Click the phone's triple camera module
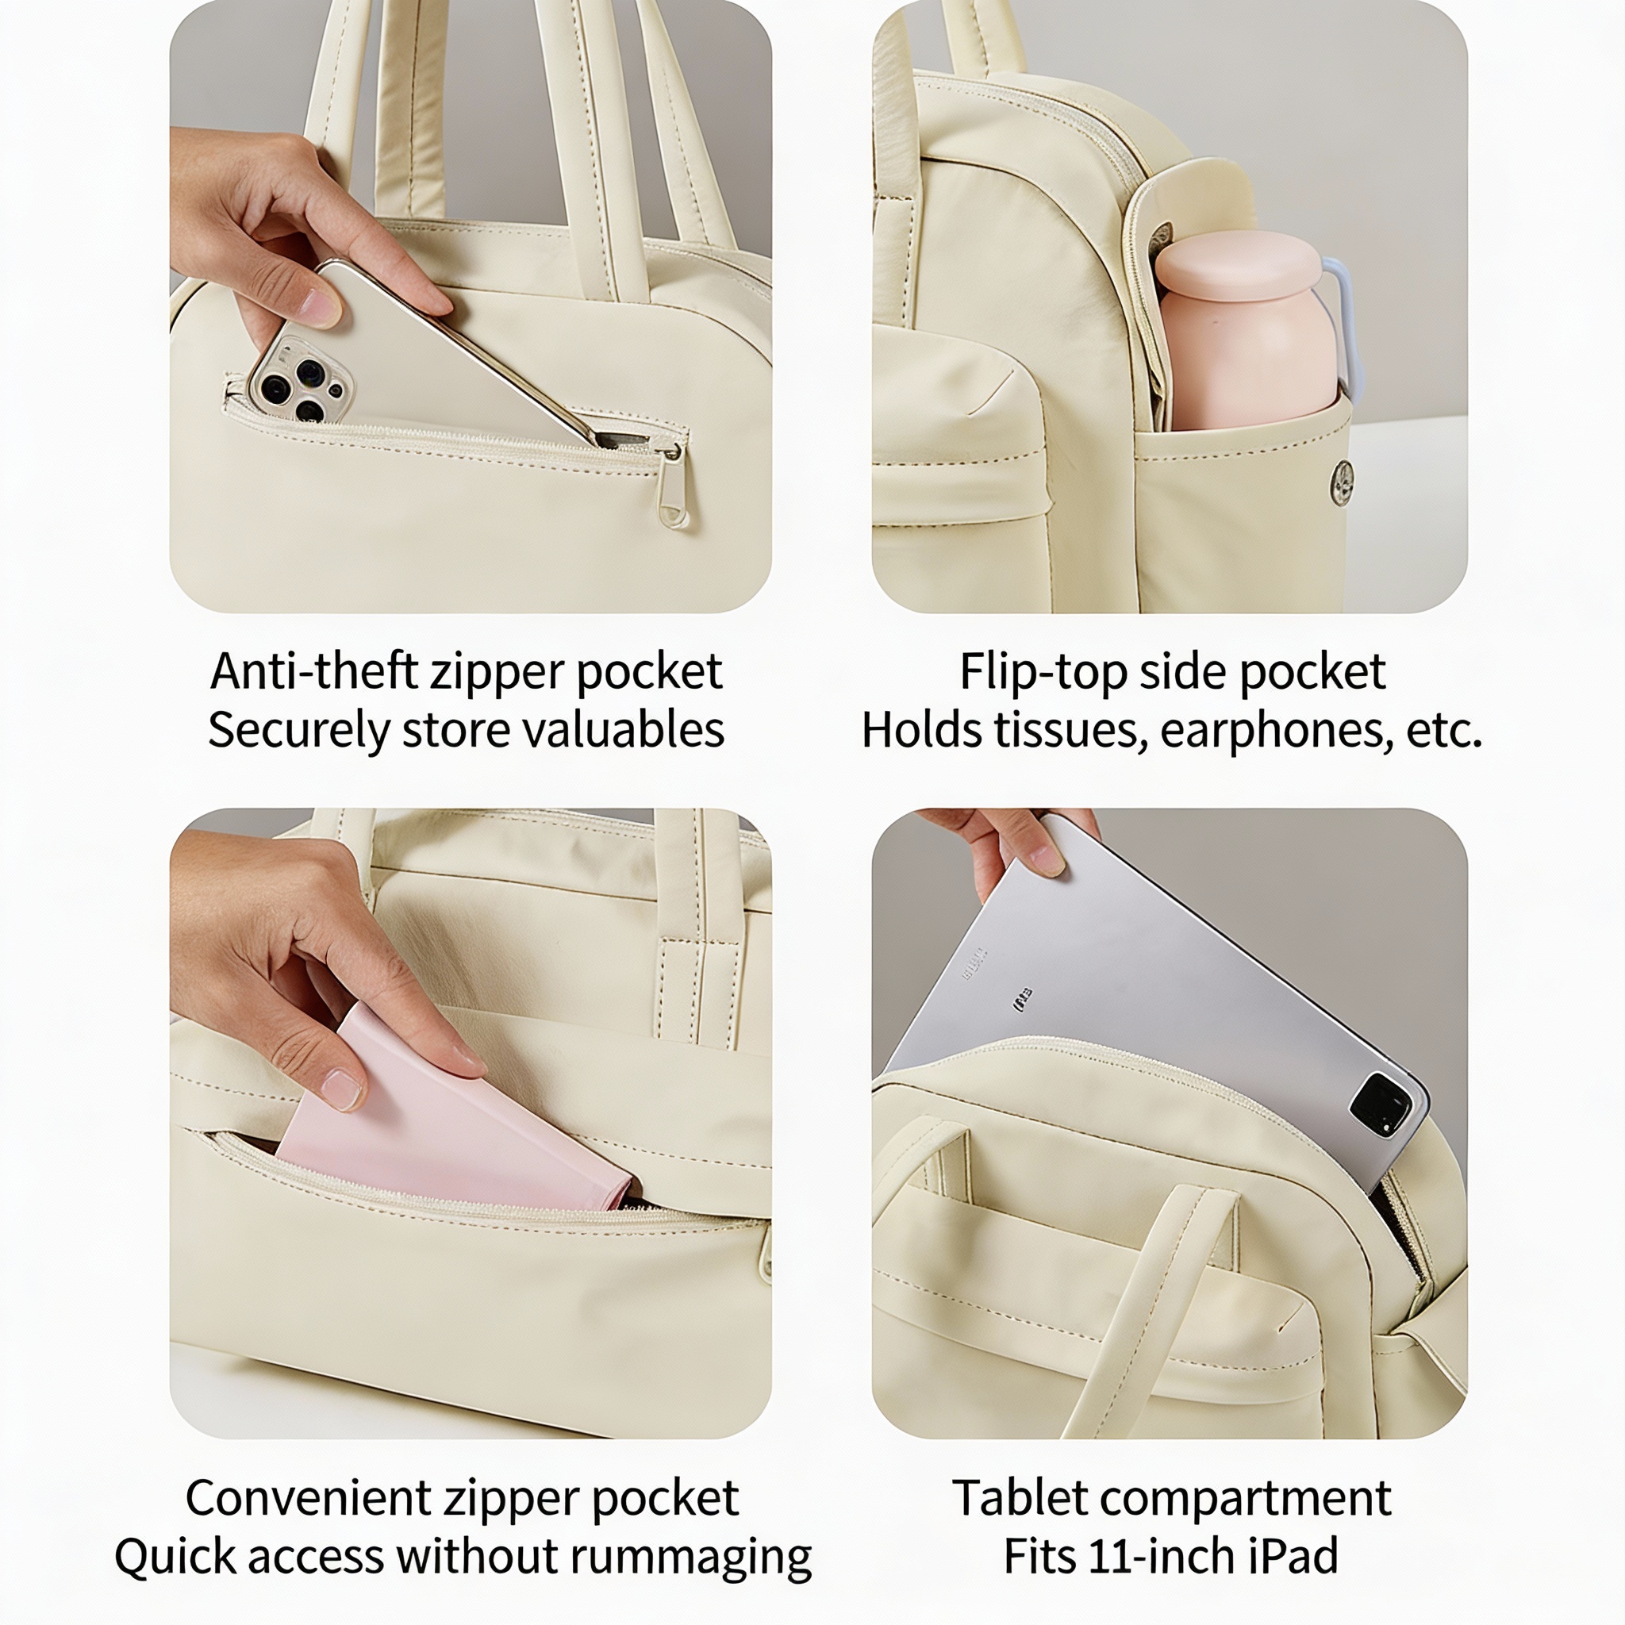click(300, 380)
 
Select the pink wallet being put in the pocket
click(454, 1120)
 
